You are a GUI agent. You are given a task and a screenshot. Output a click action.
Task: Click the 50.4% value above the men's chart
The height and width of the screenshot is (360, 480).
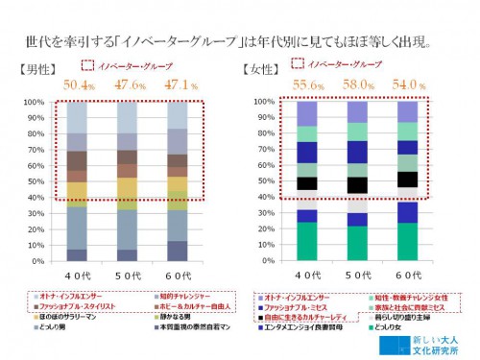tap(80, 84)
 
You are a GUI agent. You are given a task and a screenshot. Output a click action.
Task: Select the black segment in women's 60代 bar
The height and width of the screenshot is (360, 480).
tap(407, 180)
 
